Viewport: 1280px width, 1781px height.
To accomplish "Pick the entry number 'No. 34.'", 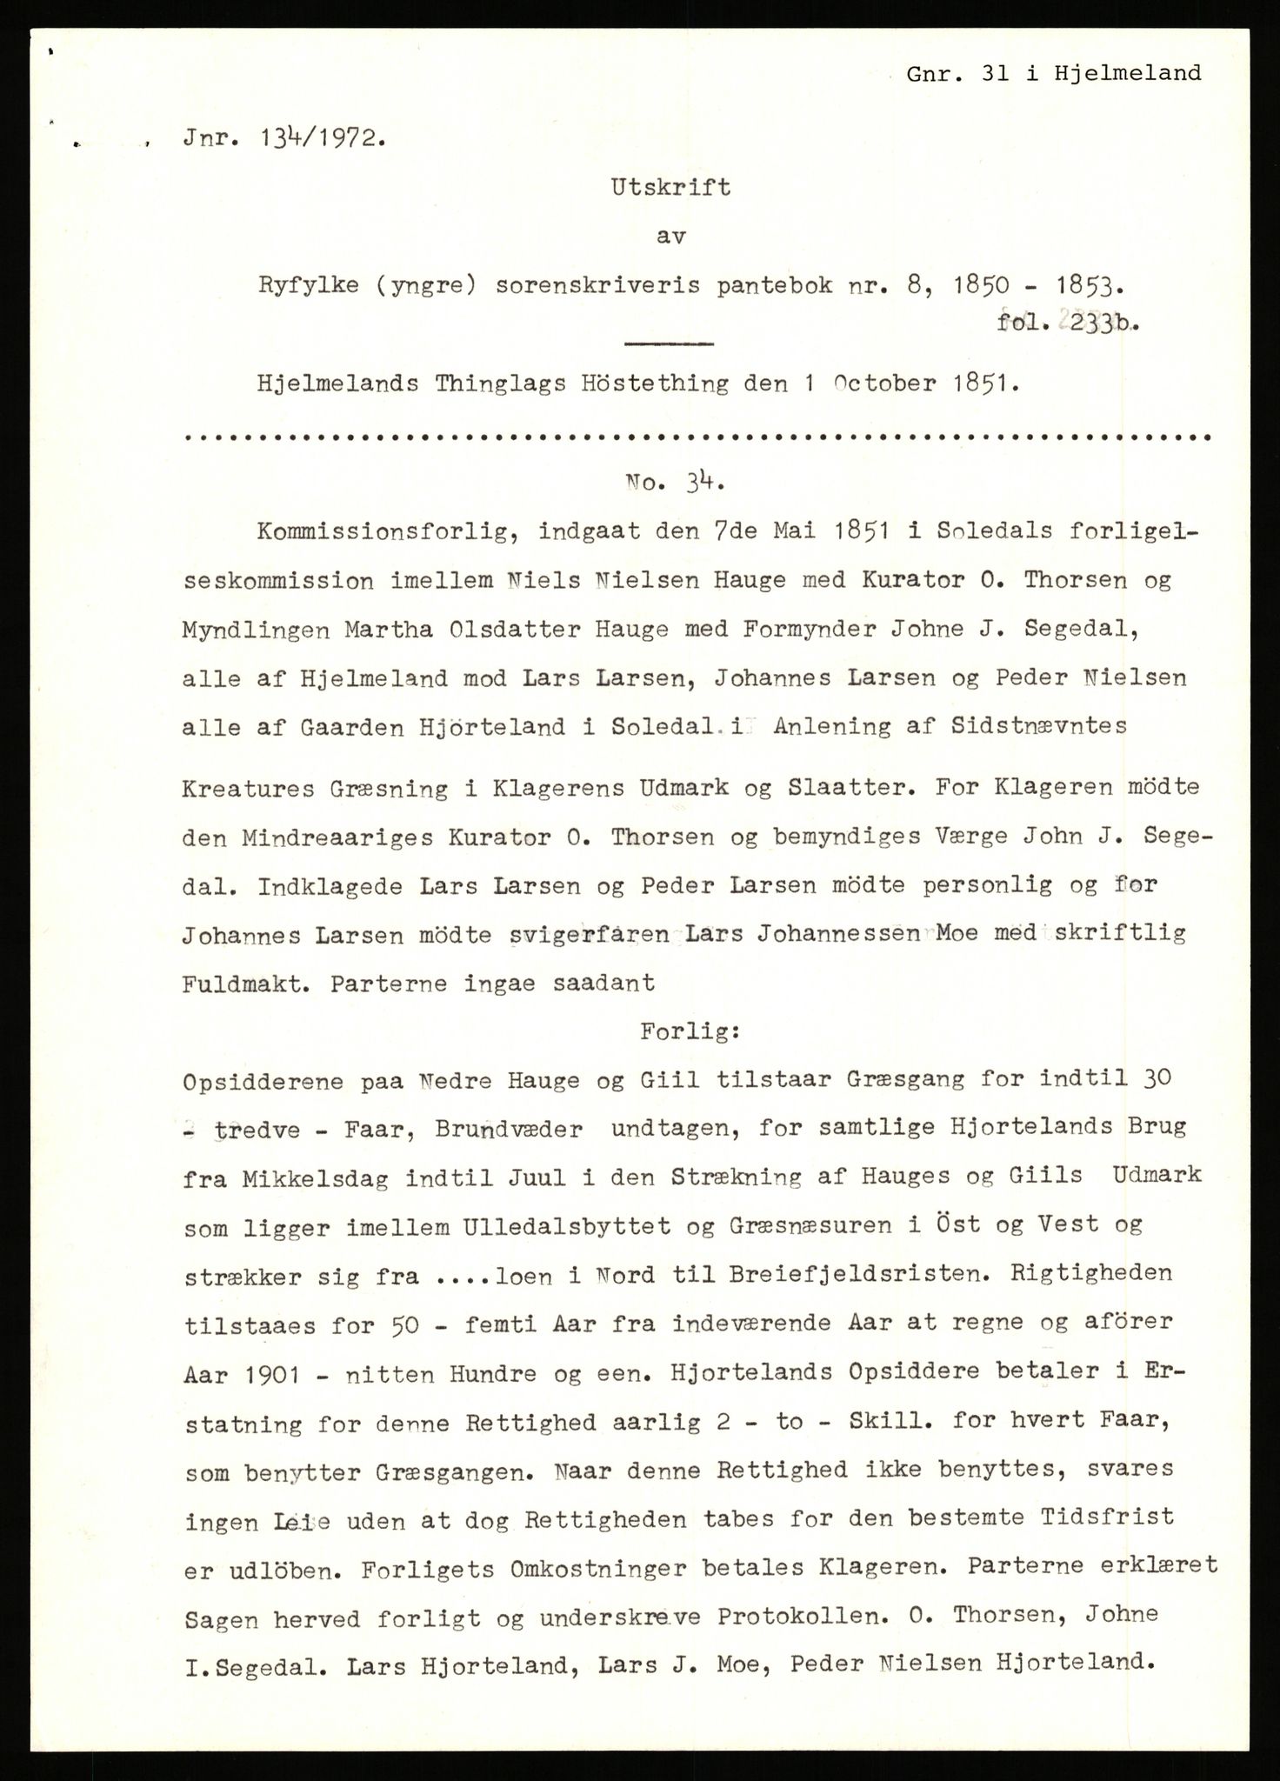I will (x=669, y=484).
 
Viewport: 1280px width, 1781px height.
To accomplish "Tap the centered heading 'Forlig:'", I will (x=690, y=1032).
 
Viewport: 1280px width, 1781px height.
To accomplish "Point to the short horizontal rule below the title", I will (x=669, y=344).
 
